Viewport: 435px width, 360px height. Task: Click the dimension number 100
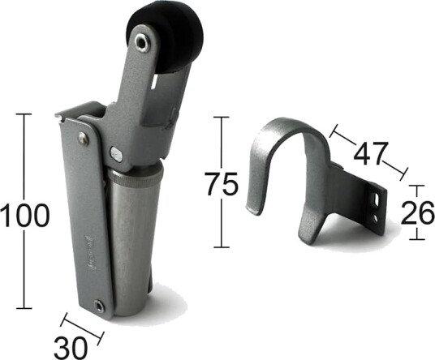point(24,215)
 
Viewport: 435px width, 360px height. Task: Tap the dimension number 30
point(70,348)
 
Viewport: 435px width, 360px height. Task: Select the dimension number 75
point(221,184)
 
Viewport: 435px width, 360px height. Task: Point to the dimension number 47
point(370,154)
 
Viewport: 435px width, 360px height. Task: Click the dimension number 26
point(418,213)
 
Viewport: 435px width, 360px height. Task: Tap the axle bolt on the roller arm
point(143,43)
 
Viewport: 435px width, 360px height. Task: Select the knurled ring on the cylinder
point(135,177)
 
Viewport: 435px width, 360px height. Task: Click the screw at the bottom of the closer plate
point(99,306)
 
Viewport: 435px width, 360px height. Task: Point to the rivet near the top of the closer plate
point(84,139)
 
